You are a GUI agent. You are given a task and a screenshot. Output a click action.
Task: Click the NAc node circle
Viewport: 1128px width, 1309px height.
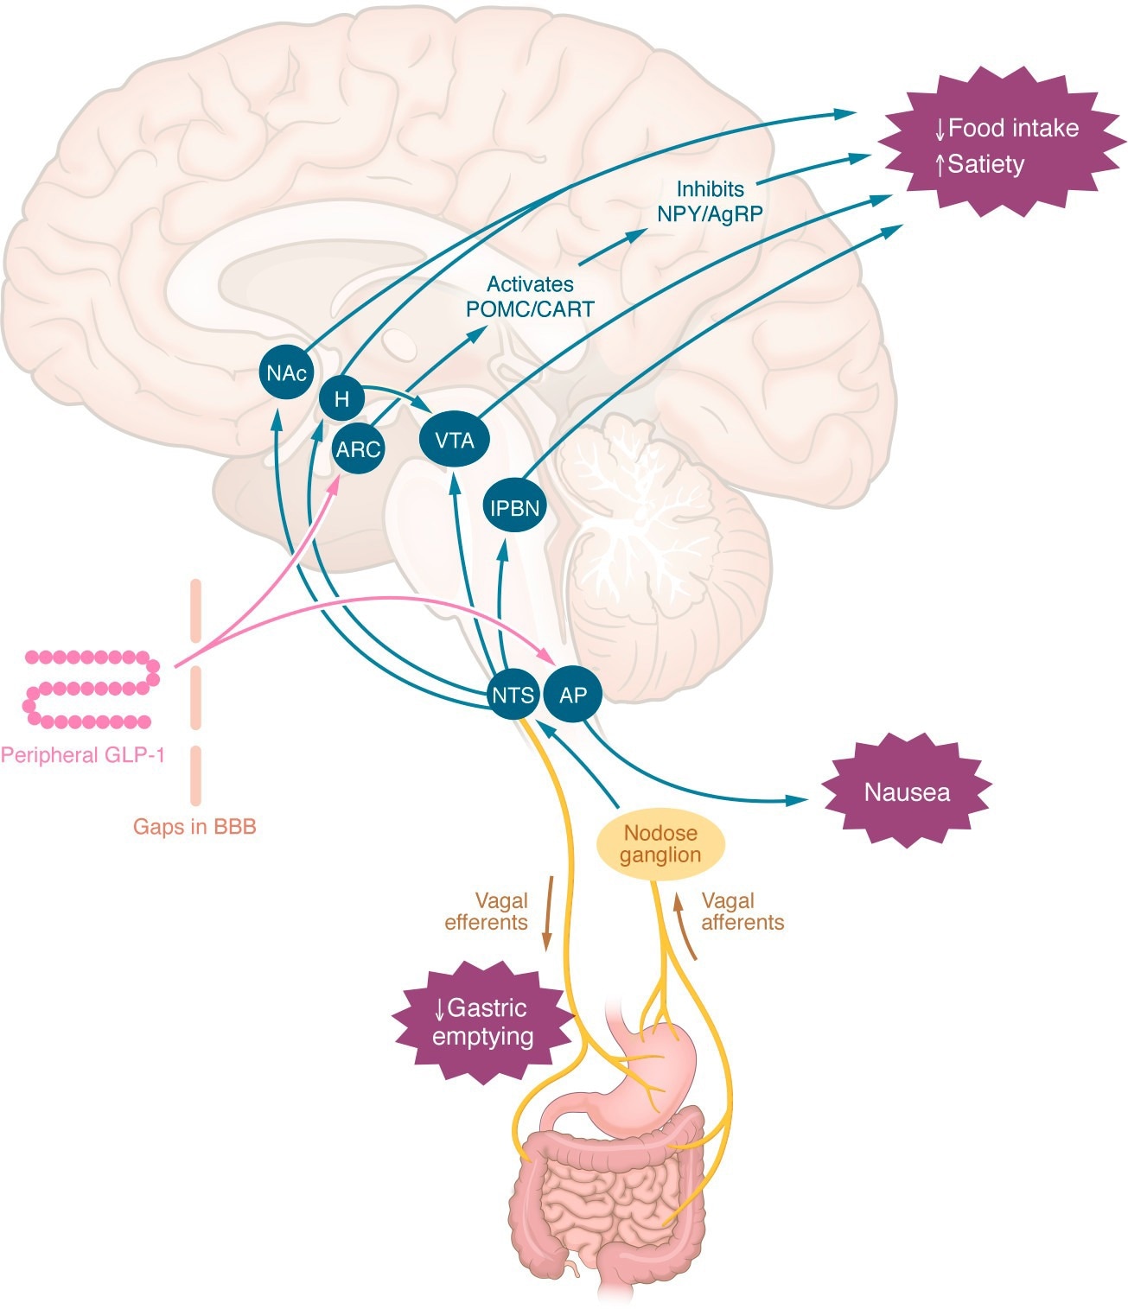click(x=286, y=373)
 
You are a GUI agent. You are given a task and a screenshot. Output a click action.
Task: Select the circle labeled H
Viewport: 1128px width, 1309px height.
click(x=342, y=399)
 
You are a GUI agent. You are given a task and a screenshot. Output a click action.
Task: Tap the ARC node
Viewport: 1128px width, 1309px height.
click(x=359, y=449)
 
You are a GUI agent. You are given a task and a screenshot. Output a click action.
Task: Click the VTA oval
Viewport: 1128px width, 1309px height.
click(x=455, y=441)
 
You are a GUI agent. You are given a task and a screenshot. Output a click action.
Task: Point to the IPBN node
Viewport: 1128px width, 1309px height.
click(x=515, y=508)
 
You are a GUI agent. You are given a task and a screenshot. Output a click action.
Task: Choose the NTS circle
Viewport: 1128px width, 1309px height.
click(x=513, y=695)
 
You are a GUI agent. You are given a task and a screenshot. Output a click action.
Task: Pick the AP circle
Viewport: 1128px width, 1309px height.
click(x=572, y=695)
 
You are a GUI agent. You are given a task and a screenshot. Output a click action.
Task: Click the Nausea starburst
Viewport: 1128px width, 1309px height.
click(x=907, y=792)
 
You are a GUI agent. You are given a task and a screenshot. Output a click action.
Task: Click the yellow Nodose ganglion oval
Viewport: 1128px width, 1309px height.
click(x=661, y=844)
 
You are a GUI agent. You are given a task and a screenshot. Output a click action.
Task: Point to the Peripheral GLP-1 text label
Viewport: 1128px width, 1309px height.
click(x=83, y=755)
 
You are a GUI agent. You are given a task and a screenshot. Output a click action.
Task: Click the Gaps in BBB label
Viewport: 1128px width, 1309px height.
click(x=194, y=827)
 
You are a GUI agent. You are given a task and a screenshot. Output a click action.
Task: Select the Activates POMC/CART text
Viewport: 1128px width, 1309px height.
click(x=530, y=296)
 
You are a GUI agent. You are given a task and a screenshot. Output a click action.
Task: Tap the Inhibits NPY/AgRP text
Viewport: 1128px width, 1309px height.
click(x=710, y=201)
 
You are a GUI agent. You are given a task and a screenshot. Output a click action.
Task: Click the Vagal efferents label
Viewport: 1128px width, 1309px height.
click(x=487, y=912)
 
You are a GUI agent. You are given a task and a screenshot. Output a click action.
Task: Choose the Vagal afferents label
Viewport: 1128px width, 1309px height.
click(x=742, y=912)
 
